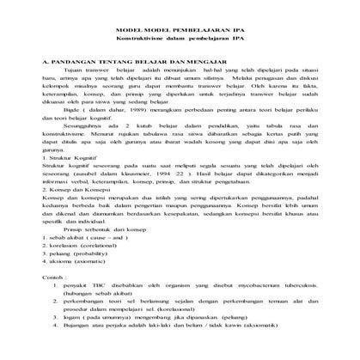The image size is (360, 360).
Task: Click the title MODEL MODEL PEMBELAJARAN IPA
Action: point(179,29)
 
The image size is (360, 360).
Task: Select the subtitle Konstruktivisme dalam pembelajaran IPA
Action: point(179,39)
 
